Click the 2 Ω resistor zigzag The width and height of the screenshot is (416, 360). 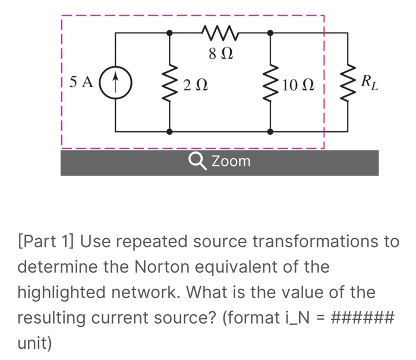click(x=171, y=83)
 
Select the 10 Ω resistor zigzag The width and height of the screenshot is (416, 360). click(x=271, y=83)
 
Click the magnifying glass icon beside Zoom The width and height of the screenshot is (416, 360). click(x=195, y=161)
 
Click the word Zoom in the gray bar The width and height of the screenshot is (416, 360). click(x=231, y=161)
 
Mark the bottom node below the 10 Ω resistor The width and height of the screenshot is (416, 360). click(x=271, y=131)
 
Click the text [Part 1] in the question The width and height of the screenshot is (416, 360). click(x=46, y=242)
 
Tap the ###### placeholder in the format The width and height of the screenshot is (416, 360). click(x=361, y=318)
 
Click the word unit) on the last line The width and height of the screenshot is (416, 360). click(x=34, y=343)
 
